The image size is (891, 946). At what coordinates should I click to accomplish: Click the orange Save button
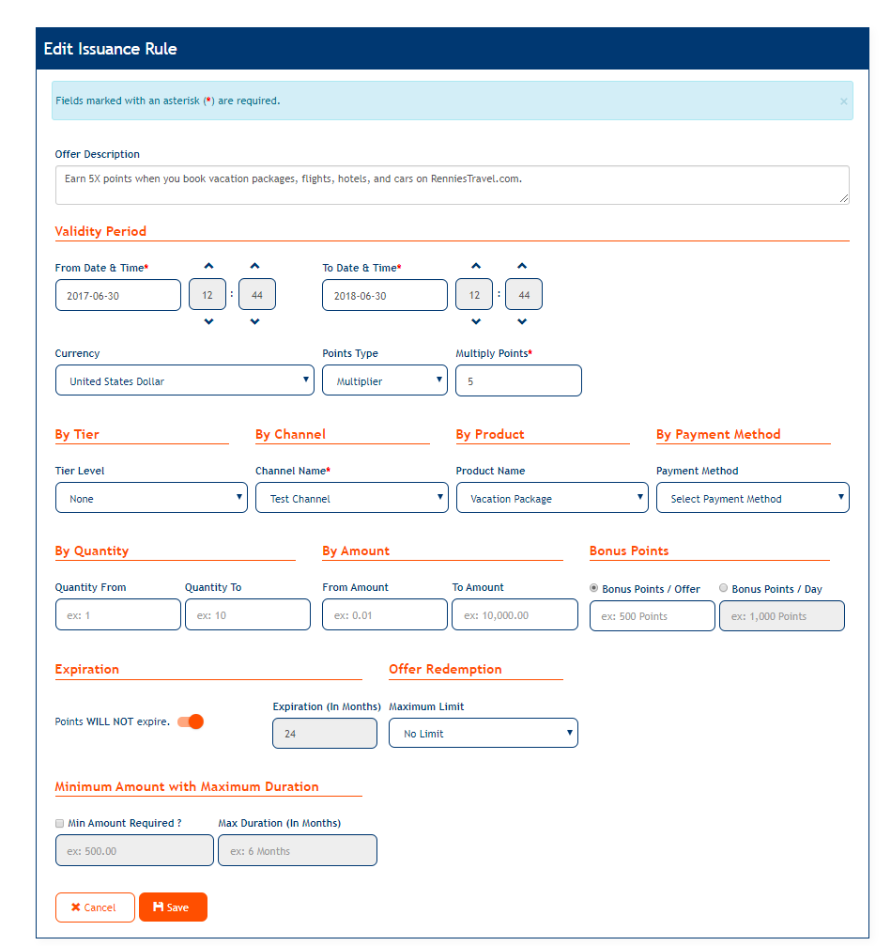point(173,907)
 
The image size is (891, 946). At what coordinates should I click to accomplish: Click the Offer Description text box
point(452,185)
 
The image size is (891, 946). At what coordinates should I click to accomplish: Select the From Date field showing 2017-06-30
point(117,295)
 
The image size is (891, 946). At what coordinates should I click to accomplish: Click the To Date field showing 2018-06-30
point(384,295)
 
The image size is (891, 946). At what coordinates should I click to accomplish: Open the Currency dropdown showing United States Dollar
point(184,380)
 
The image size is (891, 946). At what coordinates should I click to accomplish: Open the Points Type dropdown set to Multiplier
point(384,380)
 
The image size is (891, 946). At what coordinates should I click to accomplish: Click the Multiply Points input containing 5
point(518,380)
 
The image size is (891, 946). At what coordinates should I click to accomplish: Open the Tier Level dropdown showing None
point(151,498)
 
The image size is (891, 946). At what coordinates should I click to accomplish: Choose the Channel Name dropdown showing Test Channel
point(351,498)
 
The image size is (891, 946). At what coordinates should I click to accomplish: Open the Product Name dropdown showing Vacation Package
point(552,498)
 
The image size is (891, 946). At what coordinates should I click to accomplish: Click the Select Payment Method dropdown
point(752,498)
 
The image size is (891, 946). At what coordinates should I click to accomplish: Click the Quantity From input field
point(117,614)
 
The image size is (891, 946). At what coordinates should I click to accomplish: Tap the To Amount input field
point(515,614)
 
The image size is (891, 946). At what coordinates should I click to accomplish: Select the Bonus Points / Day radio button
point(723,588)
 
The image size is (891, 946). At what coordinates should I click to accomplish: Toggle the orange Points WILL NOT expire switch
point(191,721)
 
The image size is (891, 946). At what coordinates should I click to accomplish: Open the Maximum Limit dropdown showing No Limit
point(483,733)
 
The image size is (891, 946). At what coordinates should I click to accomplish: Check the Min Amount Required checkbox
point(60,823)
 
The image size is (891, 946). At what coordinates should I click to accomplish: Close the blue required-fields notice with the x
point(843,101)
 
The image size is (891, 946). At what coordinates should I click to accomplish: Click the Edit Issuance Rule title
point(110,49)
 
